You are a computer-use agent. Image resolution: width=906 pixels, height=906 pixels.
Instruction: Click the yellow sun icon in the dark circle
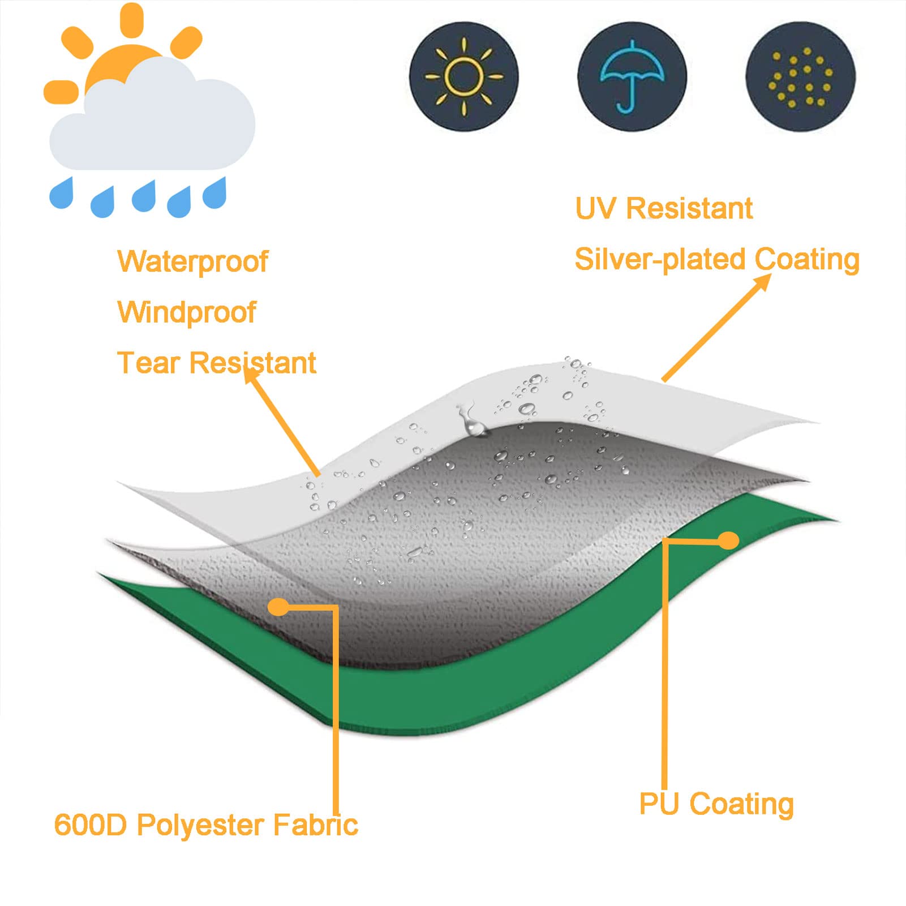coord(464,77)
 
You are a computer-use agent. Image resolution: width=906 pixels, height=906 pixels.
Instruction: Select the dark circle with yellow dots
coord(801,77)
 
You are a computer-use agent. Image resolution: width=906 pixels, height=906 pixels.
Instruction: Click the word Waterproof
coord(192,262)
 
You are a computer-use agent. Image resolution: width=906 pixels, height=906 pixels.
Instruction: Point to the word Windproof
coord(187,312)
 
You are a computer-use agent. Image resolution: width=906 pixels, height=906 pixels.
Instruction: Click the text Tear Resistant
coord(216,363)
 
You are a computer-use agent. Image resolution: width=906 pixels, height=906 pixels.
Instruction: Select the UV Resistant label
coord(664,208)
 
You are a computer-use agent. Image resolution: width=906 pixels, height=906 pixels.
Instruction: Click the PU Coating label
coord(716,805)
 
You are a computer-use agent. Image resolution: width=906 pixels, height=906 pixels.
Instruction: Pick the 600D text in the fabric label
coord(91,825)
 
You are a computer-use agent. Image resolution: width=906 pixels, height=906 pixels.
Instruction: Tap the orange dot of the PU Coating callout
coord(729,541)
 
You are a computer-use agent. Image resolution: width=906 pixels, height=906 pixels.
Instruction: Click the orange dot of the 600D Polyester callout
coord(278,607)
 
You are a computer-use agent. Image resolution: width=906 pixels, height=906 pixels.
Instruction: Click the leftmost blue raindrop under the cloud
coord(62,193)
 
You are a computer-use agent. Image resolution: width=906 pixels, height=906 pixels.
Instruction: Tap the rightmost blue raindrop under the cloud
coord(214,193)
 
